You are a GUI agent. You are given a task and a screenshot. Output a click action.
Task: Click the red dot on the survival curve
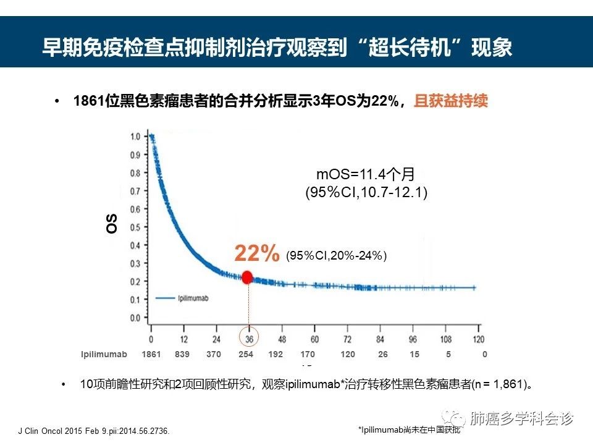coord(247,278)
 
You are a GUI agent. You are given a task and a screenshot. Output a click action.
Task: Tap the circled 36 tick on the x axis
coord(248,339)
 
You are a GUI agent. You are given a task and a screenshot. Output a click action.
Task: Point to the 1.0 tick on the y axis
coord(135,136)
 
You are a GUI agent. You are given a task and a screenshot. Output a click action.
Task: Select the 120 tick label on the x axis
coord(477,339)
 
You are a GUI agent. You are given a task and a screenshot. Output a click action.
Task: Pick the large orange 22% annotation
coord(256,253)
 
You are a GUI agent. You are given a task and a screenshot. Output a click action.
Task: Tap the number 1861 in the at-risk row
coord(151,354)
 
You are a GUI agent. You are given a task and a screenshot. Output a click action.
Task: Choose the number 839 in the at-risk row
coord(182,354)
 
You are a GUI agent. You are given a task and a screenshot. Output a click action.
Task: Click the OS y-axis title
coord(112,224)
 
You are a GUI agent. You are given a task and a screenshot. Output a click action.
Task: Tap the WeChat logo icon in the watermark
coord(458,419)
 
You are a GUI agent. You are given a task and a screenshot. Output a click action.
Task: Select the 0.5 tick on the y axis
coord(135,227)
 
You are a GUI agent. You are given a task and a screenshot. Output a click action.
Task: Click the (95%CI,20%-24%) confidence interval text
coord(336,255)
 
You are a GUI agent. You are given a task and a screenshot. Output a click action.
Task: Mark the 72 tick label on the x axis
coord(347,339)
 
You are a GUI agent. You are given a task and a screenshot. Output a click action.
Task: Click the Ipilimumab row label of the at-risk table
coord(104,354)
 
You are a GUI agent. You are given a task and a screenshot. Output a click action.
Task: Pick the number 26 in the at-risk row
coord(383,354)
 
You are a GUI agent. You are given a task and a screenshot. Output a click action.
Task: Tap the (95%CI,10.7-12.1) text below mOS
coord(366,193)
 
